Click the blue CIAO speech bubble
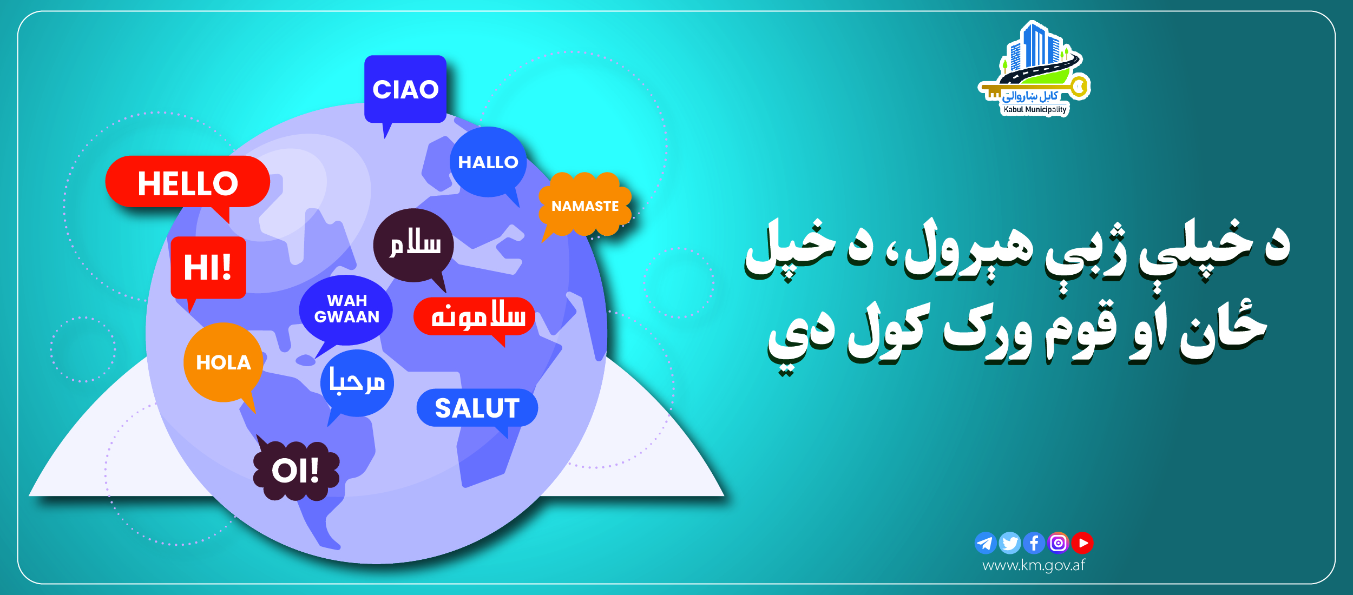point(405,89)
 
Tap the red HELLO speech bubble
point(188,182)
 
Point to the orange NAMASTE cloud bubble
point(585,206)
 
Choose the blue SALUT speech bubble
point(477,408)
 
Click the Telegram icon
point(986,543)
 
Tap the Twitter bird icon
point(1010,543)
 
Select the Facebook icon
point(1034,543)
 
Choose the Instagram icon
point(1059,543)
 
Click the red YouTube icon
point(1082,543)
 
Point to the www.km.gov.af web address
point(1034,566)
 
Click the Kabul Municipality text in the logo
point(1035,110)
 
